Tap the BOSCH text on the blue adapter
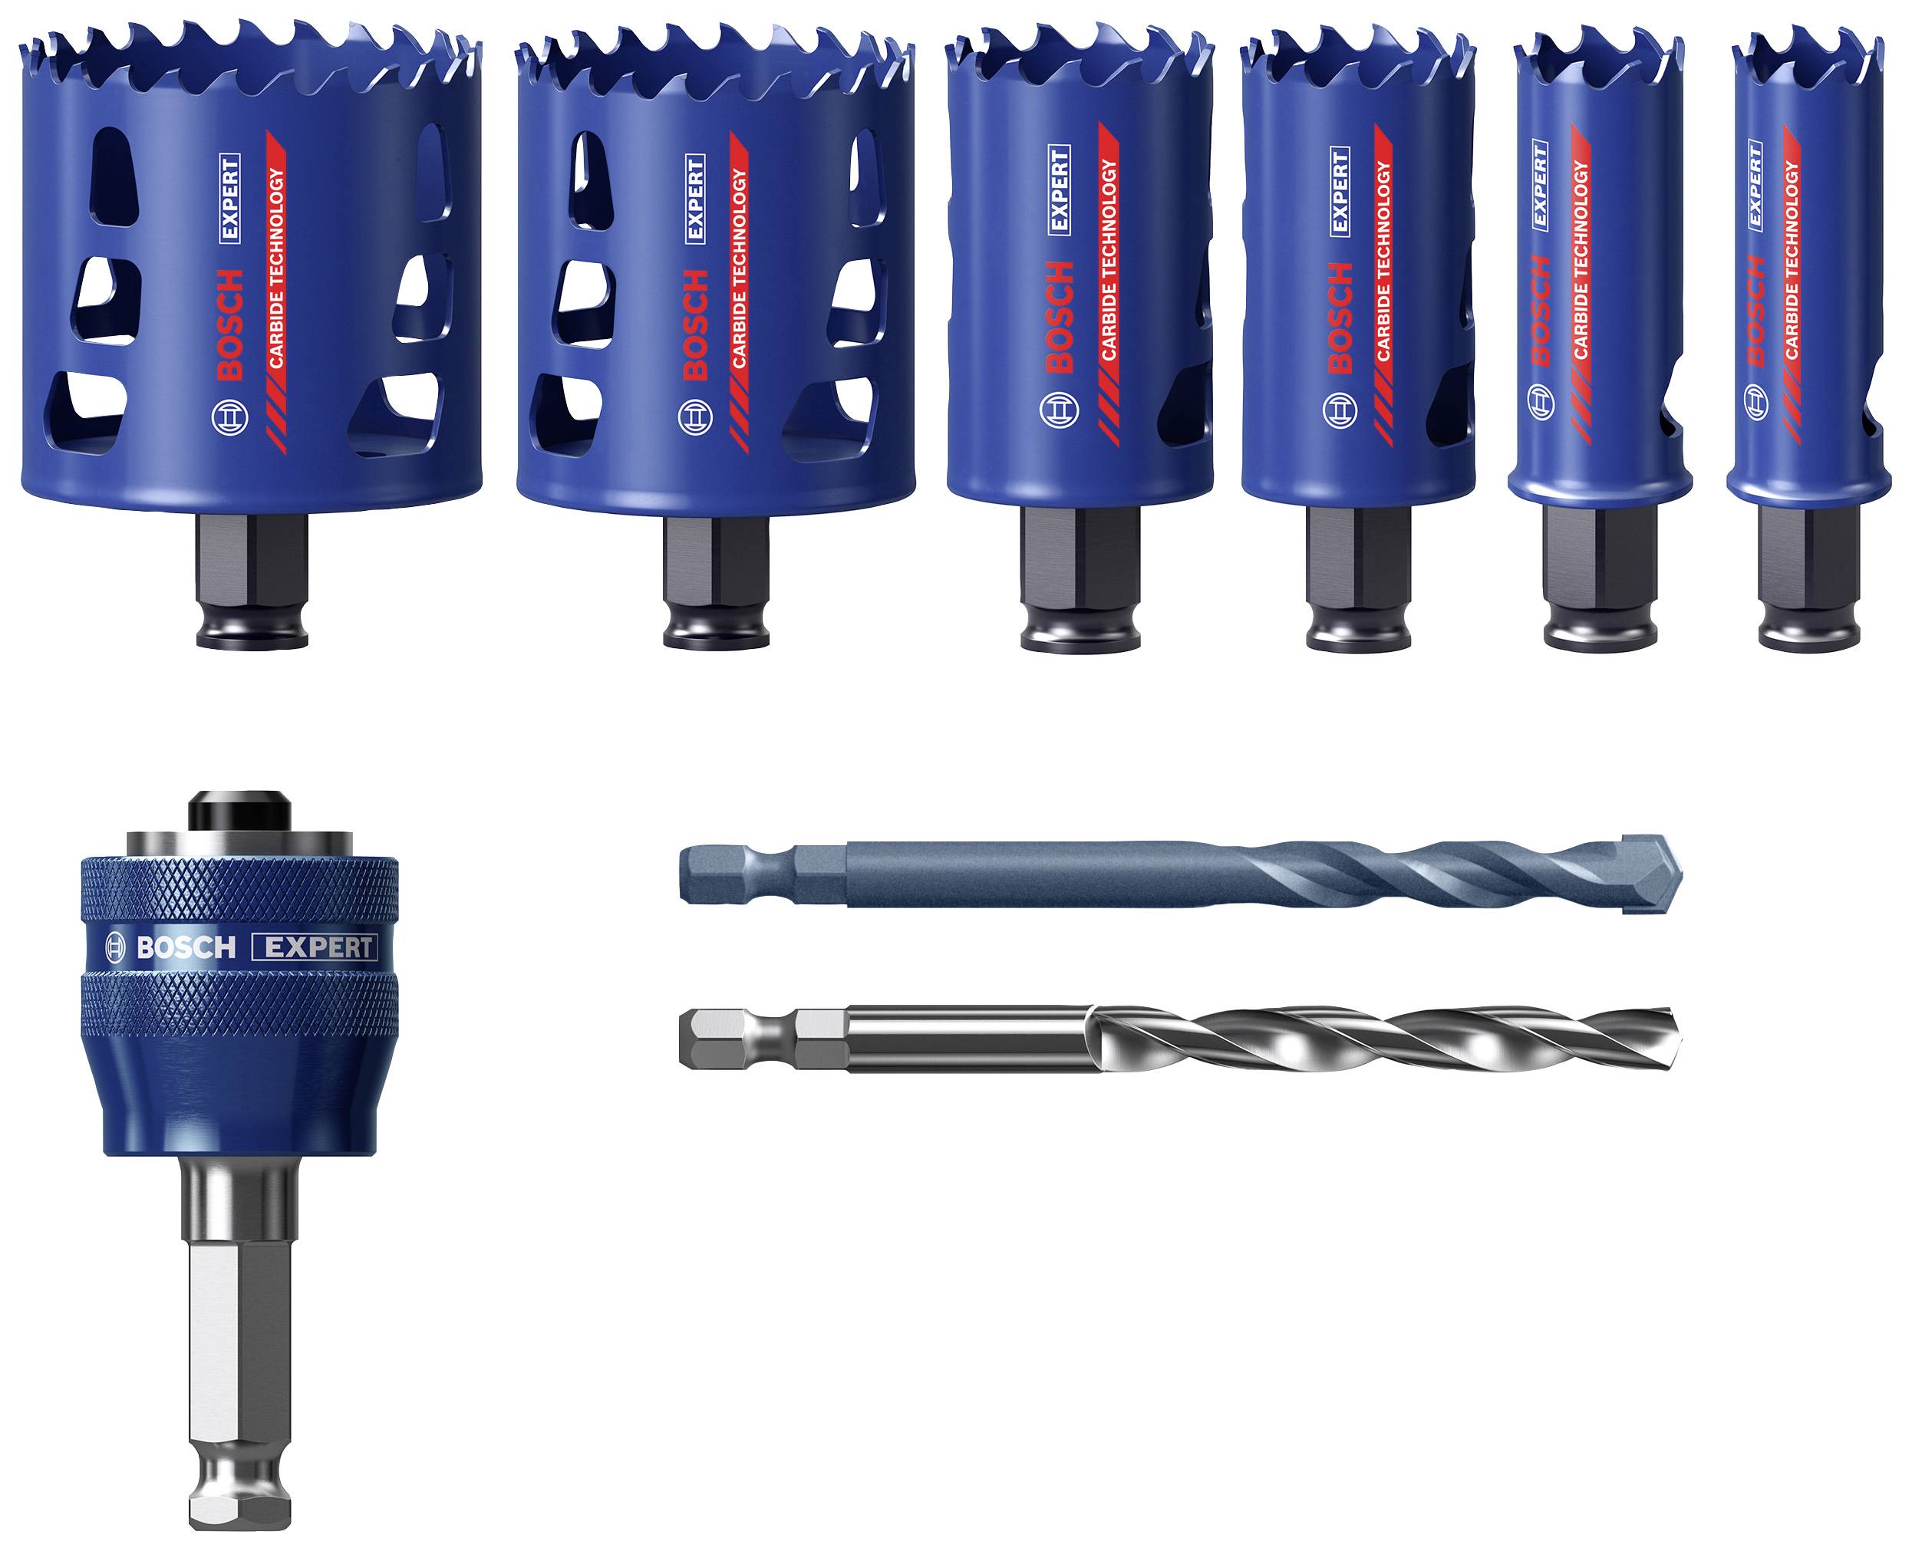click(186, 947)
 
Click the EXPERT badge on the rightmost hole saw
click(1753, 184)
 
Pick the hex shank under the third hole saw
click(1080, 563)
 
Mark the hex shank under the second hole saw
click(717, 563)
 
